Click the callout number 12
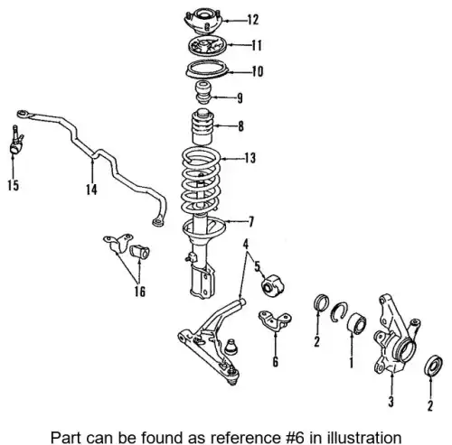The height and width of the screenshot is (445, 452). coord(253,20)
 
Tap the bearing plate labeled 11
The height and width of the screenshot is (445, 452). coord(207,46)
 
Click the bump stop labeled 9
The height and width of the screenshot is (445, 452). coord(203,92)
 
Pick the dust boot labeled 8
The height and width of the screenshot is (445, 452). coord(202,127)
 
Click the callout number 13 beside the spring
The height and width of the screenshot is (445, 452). coord(250,158)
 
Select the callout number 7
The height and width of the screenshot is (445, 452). coord(250,222)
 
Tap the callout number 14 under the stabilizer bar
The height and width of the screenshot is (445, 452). coord(91,190)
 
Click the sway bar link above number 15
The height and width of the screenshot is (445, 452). coord(16,141)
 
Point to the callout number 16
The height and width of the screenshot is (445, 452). coord(139,292)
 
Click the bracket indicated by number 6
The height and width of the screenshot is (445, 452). coord(274,320)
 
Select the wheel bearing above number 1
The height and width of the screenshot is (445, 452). coord(357,324)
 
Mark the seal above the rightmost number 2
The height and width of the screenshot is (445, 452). coord(433,366)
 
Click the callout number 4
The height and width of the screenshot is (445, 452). coord(246,244)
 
